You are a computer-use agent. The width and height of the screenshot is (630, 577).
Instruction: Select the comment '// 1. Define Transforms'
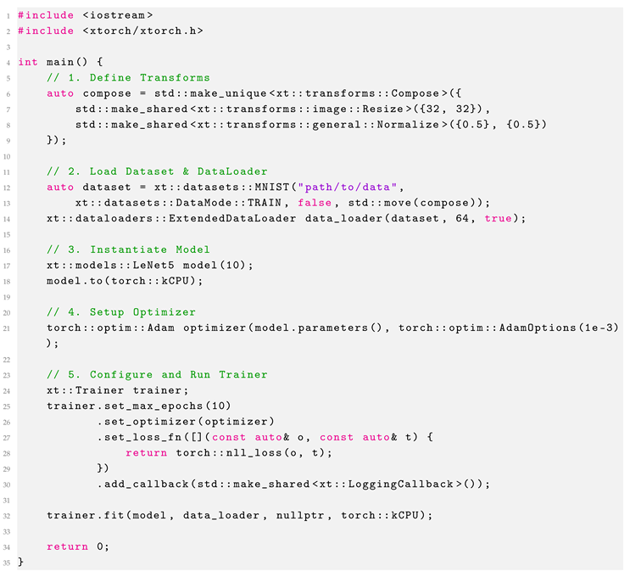coord(128,77)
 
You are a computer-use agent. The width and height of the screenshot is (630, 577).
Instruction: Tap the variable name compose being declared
coord(107,92)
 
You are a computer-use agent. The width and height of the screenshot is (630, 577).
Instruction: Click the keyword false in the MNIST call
coord(315,202)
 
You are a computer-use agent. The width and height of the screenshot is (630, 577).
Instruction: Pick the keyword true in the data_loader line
coord(499,218)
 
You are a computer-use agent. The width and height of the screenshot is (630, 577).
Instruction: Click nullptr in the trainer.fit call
coord(306,515)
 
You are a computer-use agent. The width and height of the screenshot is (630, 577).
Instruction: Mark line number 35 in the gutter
coord(8,562)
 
